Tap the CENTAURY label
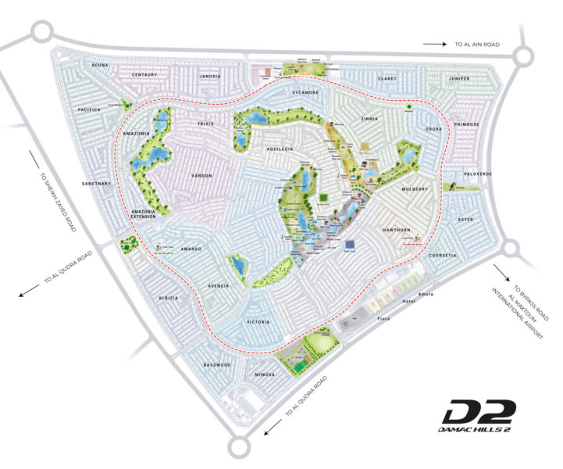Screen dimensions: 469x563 (x=144, y=75)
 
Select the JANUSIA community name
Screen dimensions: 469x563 (x=208, y=77)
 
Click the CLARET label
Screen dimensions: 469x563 (x=388, y=78)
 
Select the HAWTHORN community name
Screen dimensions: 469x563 (x=396, y=230)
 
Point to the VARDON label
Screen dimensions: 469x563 (x=201, y=176)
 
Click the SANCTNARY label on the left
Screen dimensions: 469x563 (x=98, y=184)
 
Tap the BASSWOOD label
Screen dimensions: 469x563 (x=217, y=364)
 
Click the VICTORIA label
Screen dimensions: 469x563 (x=258, y=322)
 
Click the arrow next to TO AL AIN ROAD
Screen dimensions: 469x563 (x=434, y=45)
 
